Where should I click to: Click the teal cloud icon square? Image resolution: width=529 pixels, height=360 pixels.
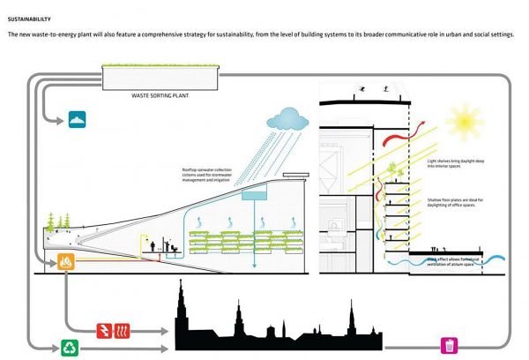[80, 117]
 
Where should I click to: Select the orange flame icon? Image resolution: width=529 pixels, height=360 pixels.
[66, 262]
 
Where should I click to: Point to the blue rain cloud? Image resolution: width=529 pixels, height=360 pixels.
[289, 117]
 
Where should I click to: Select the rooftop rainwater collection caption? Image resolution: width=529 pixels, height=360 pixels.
[208, 175]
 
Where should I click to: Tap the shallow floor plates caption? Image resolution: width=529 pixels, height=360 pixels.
[452, 203]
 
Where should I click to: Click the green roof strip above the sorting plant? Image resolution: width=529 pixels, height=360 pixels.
[158, 68]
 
